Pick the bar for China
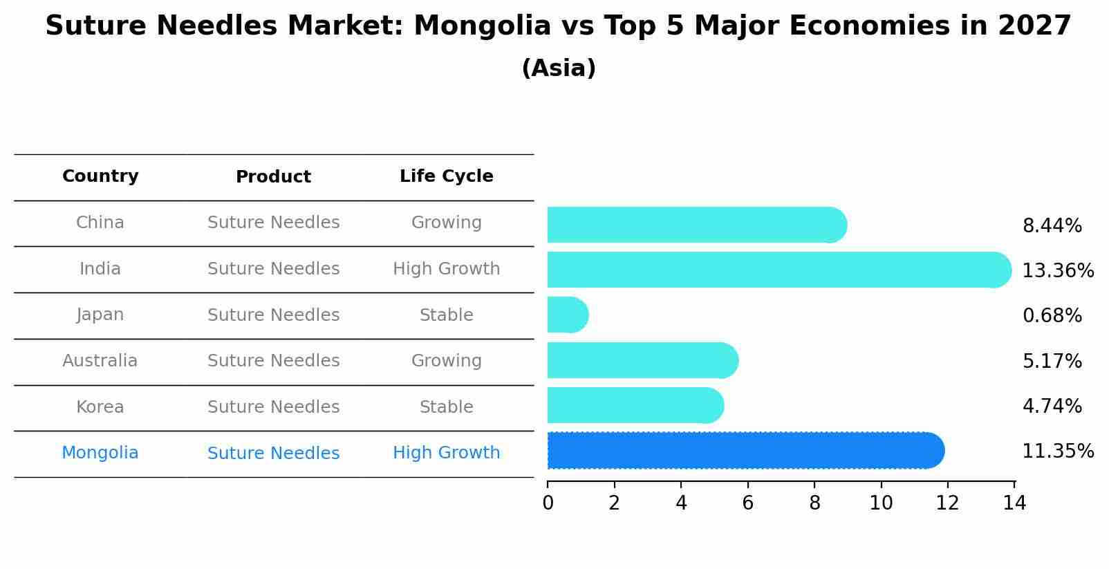696,225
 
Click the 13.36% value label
1057,270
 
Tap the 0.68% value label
1052,316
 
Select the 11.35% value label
1057,451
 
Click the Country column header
100,176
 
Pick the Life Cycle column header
446,176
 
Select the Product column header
273,177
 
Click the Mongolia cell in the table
100,453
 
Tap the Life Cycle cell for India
446,269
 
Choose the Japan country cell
100,315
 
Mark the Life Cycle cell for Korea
446,407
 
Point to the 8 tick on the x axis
814,503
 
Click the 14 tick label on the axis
1014,503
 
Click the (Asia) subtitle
559,68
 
